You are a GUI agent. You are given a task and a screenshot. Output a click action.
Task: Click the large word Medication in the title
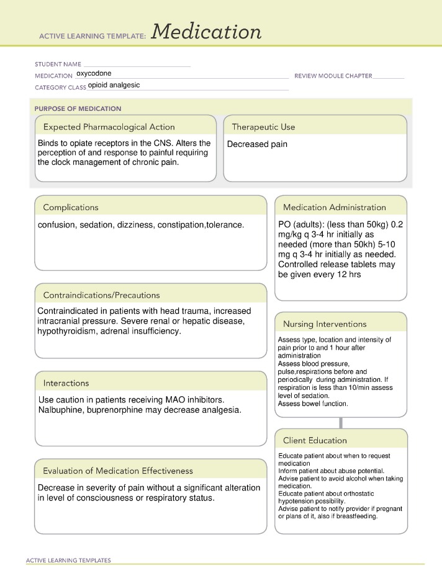(x=205, y=32)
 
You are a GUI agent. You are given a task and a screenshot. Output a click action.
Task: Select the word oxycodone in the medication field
(x=94, y=73)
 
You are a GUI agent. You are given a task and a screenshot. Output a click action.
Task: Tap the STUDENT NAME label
(x=58, y=64)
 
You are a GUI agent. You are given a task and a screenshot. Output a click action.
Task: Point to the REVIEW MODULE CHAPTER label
(x=333, y=76)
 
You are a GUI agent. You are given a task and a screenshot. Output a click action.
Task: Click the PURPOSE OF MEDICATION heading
(x=78, y=108)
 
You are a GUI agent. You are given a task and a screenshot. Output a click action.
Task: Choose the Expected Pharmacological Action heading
(x=109, y=127)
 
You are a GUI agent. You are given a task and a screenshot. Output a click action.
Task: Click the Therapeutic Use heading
(x=263, y=127)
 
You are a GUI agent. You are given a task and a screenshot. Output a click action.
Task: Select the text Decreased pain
(x=257, y=144)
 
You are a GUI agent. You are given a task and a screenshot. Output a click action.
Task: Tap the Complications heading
(x=71, y=207)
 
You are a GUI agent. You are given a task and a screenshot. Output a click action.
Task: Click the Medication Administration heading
(x=334, y=207)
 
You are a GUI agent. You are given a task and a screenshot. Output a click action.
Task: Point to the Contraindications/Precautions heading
(x=101, y=295)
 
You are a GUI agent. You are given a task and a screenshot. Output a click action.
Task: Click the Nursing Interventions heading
(x=325, y=324)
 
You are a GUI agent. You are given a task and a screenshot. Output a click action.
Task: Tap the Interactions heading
(x=66, y=383)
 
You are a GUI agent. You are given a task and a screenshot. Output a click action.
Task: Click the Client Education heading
(x=315, y=440)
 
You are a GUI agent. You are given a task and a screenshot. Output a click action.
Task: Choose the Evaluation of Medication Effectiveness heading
(x=118, y=471)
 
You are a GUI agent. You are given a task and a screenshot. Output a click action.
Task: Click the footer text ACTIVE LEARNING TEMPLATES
(x=68, y=560)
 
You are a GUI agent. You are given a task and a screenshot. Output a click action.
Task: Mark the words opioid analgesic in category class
(x=114, y=86)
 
